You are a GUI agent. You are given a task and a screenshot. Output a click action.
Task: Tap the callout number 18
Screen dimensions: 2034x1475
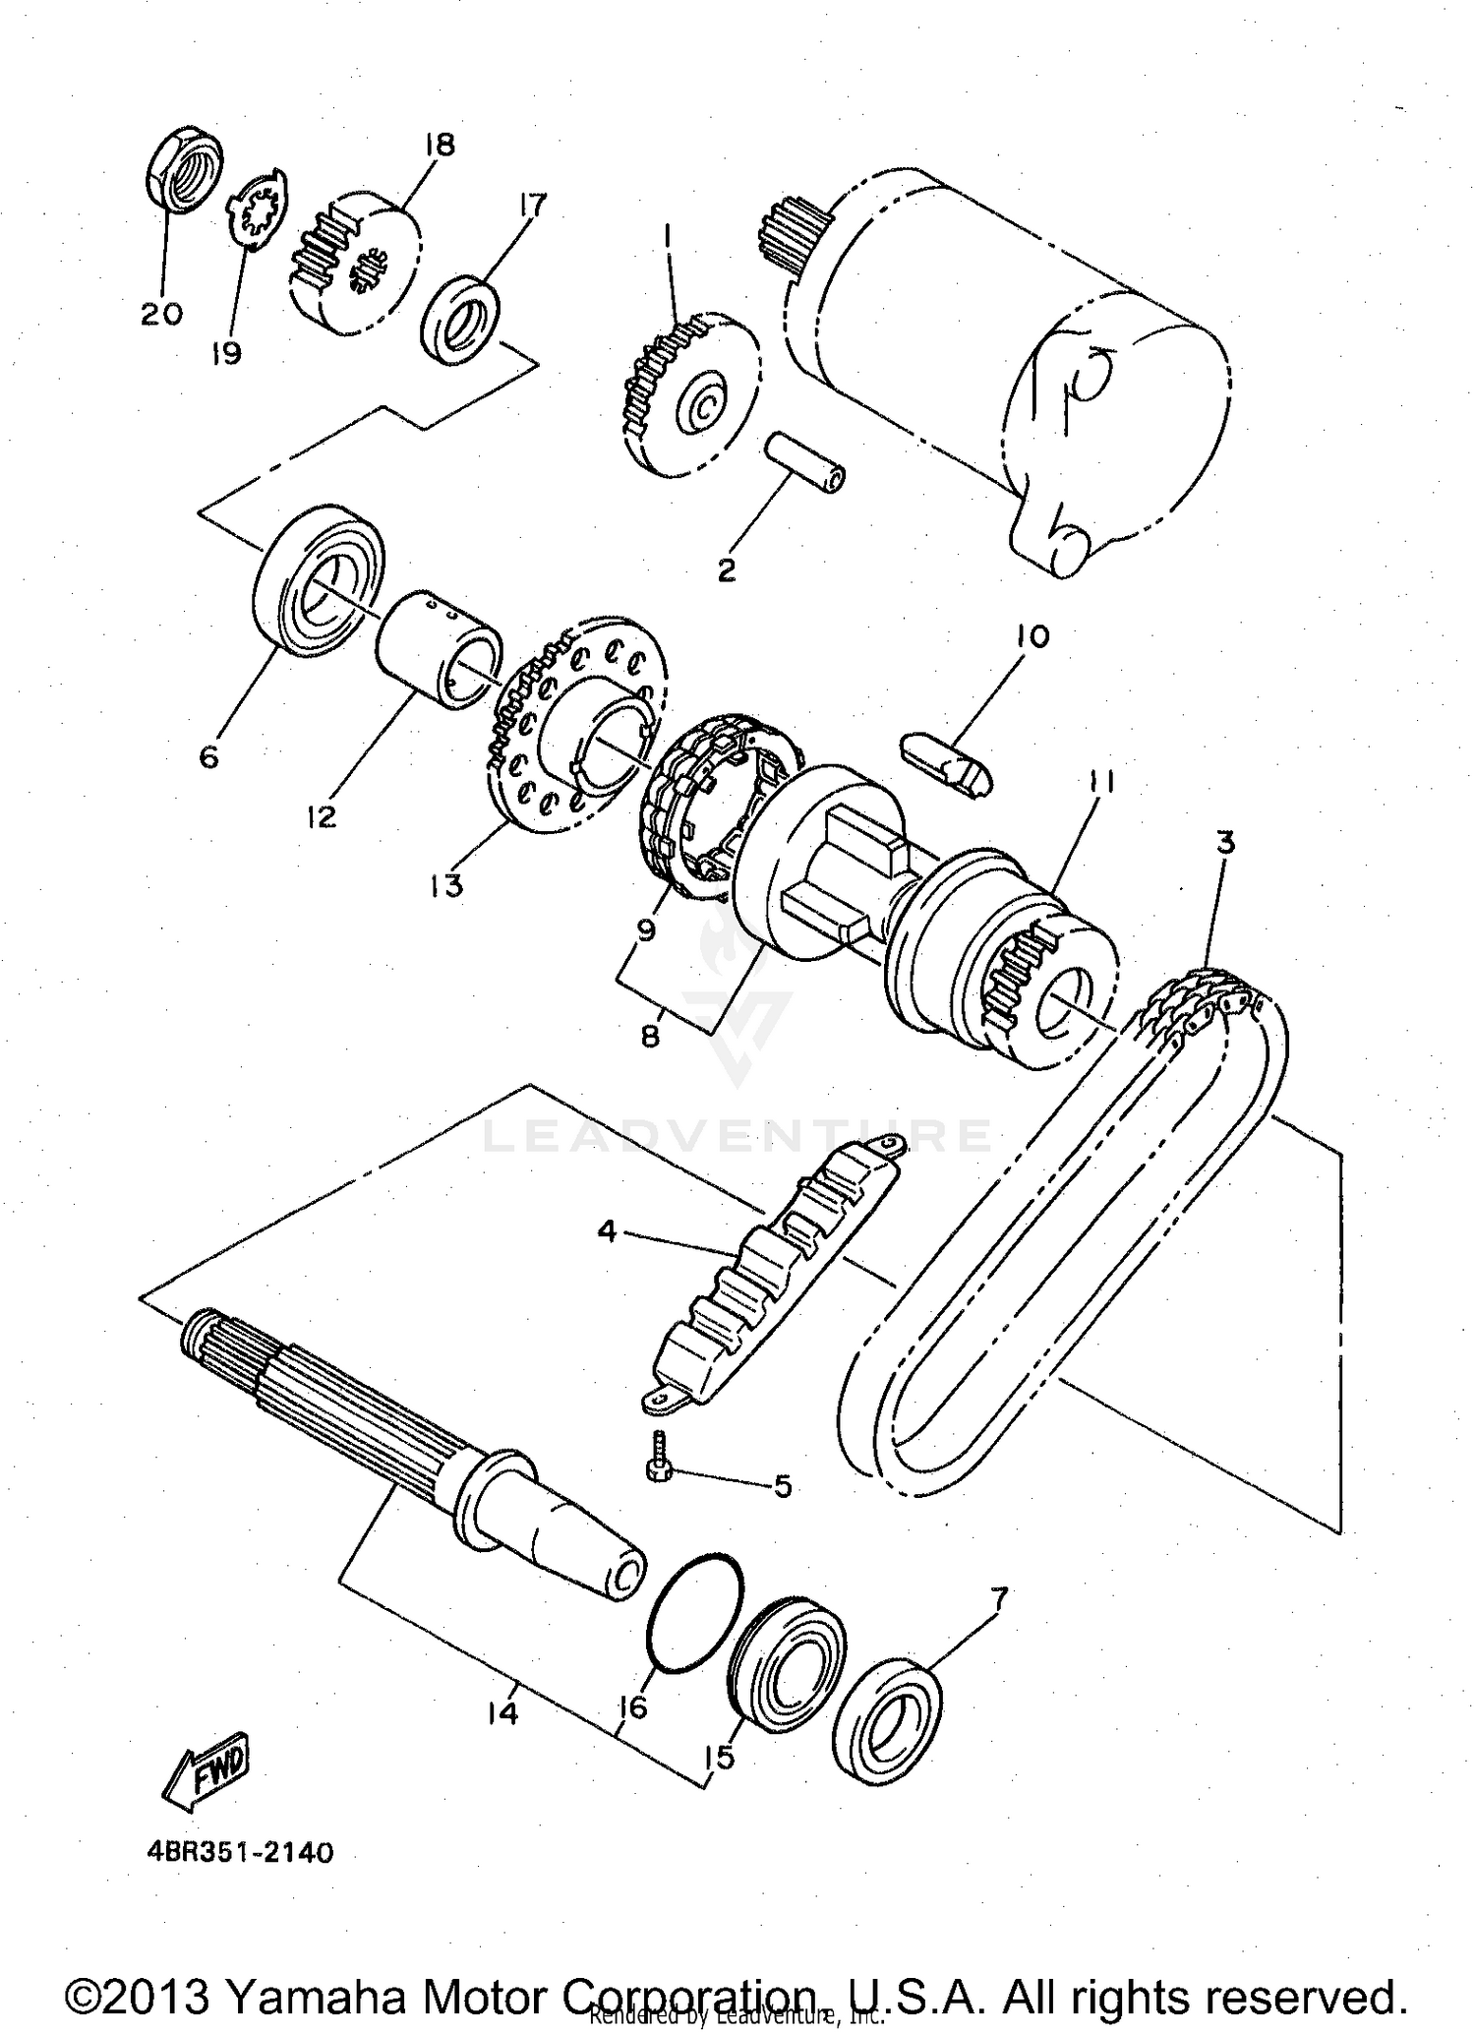pos(440,145)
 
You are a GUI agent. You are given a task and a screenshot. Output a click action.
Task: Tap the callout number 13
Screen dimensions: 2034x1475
pos(445,885)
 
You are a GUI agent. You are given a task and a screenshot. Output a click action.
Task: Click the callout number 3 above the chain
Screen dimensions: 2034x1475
pos(1224,843)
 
